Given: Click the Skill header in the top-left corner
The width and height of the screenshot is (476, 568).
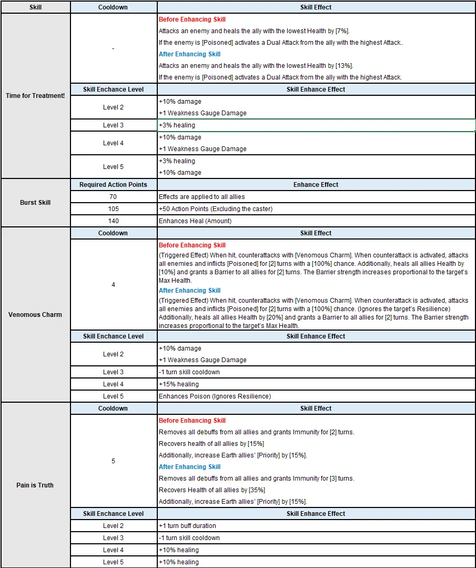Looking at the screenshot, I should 35,7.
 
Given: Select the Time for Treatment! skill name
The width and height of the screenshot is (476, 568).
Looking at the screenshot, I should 35,96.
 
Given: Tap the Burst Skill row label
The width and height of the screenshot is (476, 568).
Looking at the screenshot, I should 35,203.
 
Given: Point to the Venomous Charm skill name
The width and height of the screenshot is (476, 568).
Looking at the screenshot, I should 35,315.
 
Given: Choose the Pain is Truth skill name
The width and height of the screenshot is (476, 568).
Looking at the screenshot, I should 35,485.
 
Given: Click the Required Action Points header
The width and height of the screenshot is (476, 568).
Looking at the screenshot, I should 113,185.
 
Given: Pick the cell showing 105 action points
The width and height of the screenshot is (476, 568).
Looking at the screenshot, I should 113,209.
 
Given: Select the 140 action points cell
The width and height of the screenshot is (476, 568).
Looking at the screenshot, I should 113,221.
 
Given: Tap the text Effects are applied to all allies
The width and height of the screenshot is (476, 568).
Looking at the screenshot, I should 202,197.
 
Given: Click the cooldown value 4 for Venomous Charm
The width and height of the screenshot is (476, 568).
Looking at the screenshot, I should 113,285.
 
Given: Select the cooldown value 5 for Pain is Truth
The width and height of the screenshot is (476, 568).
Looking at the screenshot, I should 113,461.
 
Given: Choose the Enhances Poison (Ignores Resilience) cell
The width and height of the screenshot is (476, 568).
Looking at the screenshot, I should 215,396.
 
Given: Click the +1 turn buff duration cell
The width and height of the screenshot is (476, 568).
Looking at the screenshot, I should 187,526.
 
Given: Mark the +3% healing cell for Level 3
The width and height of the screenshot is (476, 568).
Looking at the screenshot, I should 177,125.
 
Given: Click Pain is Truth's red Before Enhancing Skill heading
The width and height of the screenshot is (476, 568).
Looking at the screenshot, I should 192,421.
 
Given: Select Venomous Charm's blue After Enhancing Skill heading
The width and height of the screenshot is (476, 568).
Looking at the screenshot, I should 190,291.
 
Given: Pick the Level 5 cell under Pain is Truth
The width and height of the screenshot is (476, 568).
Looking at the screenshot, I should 113,562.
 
